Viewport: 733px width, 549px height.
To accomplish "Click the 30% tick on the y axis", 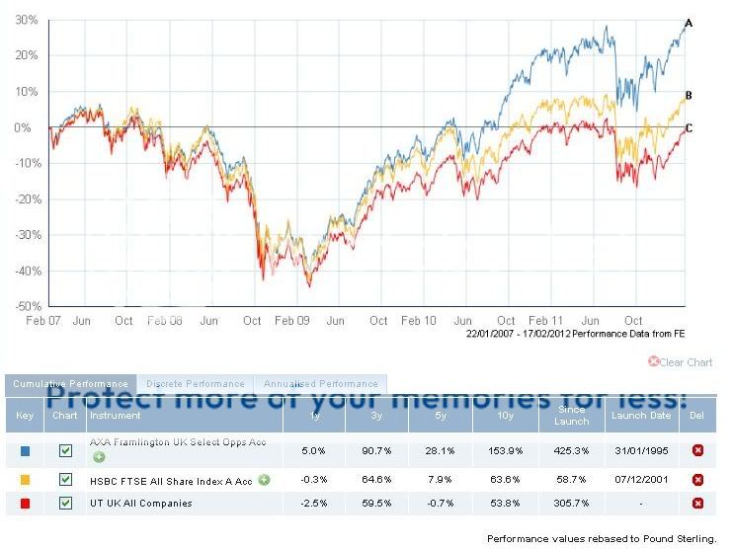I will [x=27, y=20].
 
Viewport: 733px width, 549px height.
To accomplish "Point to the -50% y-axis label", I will [x=27, y=307].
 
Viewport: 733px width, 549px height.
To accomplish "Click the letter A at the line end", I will [x=689, y=23].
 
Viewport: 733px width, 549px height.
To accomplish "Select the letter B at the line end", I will [x=689, y=95].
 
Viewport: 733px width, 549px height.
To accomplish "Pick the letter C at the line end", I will [x=689, y=128].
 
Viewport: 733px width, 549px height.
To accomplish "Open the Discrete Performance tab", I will [x=195, y=384].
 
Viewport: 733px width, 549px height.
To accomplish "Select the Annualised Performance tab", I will [x=320, y=384].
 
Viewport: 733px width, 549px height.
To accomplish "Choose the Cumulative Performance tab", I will [x=70, y=384].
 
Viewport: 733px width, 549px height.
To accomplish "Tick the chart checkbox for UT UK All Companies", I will [x=66, y=504].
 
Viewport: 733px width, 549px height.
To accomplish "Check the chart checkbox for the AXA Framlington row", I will [x=66, y=450].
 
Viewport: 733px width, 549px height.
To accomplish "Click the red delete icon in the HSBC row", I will [x=698, y=480].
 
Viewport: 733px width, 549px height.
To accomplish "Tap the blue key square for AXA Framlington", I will [x=24, y=450].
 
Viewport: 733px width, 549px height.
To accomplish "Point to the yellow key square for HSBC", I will [x=24, y=480].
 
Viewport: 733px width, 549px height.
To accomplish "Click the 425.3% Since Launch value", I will [x=571, y=450].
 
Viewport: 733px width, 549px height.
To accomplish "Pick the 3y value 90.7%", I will [x=376, y=450].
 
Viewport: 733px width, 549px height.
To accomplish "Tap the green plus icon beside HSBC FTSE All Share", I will [x=264, y=480].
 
